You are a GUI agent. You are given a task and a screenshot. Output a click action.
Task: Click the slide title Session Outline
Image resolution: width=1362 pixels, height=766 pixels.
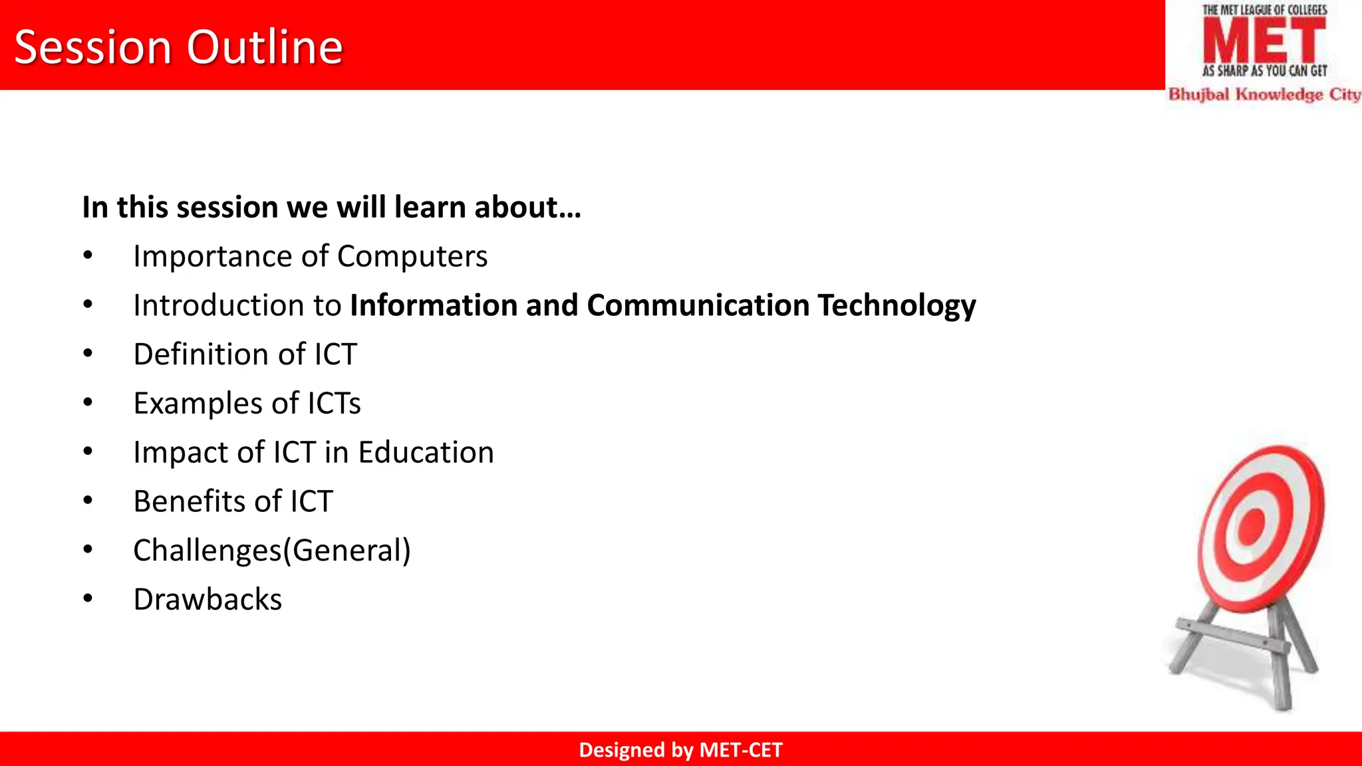pos(178,47)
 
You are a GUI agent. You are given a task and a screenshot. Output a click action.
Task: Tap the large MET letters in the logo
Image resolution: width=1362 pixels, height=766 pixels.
pos(1264,41)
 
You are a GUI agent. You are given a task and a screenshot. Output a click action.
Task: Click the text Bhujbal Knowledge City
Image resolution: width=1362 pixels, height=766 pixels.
pos(1264,94)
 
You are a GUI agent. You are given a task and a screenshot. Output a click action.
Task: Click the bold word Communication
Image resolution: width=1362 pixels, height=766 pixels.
pos(698,305)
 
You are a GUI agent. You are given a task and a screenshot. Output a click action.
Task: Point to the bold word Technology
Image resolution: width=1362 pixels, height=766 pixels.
pos(896,306)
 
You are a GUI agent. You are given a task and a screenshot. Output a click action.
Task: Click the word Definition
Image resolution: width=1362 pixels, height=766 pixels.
pos(200,354)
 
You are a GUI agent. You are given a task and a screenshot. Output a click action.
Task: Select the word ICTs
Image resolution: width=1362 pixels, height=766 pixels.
pos(334,404)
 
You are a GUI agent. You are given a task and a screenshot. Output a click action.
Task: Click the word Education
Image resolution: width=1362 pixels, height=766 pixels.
pos(426,452)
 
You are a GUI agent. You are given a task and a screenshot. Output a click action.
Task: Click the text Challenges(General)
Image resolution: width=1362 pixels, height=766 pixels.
pos(271,551)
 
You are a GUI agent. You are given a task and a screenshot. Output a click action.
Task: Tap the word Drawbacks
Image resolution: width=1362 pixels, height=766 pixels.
pos(207,600)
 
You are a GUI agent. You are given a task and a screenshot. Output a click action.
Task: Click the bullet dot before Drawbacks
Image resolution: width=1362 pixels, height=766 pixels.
pos(88,598)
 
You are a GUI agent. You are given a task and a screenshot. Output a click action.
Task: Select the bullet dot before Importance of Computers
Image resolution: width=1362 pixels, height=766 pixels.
pos(88,255)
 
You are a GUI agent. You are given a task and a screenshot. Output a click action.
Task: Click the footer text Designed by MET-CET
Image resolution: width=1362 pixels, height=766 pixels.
pos(680,750)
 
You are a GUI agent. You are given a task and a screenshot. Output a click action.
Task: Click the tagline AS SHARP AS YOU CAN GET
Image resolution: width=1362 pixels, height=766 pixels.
pos(1264,70)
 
